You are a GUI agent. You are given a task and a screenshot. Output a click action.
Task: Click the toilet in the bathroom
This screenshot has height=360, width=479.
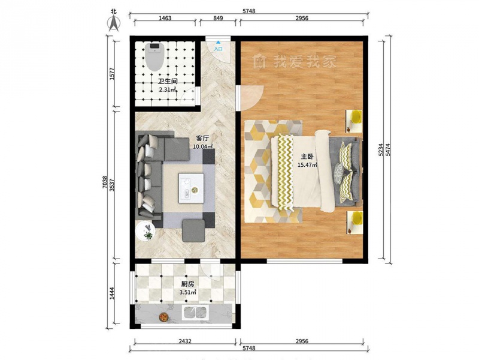[x=154, y=56]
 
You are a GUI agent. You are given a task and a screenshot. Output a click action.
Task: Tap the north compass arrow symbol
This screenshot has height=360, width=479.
[x=114, y=23]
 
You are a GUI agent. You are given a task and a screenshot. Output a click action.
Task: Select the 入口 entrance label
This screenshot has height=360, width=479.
[x=218, y=49]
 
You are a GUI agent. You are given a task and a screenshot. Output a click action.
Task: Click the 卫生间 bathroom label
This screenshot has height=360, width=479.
[x=168, y=81]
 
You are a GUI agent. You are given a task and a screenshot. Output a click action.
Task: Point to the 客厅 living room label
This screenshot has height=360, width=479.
[x=203, y=139]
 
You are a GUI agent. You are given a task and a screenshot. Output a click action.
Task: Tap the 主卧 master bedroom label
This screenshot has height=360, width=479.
[x=307, y=157]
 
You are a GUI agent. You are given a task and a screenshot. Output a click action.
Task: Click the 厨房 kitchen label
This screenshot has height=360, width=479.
[x=187, y=284]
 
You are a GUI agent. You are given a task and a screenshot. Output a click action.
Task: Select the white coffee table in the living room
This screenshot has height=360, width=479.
[x=191, y=188]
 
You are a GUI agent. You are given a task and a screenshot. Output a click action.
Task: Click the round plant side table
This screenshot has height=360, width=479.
[x=145, y=231]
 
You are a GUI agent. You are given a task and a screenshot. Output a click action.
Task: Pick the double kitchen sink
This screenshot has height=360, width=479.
[x=196, y=313]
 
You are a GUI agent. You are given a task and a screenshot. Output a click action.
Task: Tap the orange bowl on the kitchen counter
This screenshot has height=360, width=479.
[x=163, y=317]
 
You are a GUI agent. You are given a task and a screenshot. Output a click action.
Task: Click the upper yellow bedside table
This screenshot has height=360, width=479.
[x=354, y=121]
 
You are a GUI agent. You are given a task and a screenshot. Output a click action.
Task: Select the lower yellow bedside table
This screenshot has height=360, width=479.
[x=354, y=223]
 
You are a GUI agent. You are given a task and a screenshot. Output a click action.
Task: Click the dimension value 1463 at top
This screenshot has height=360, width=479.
[x=165, y=18]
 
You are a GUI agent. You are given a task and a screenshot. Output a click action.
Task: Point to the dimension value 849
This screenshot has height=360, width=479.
[x=218, y=18]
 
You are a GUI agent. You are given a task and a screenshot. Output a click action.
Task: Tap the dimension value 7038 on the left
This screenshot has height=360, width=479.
[x=105, y=182]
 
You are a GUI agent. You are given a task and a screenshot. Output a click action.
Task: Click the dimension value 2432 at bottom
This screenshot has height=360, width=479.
[x=185, y=341]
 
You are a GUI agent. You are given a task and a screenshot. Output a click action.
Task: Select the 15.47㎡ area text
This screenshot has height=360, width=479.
[x=307, y=164]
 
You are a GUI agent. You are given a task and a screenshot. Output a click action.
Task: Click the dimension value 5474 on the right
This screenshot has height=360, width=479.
[x=387, y=149]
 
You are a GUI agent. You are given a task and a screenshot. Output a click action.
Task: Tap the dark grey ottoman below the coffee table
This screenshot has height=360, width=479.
[x=193, y=230]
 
